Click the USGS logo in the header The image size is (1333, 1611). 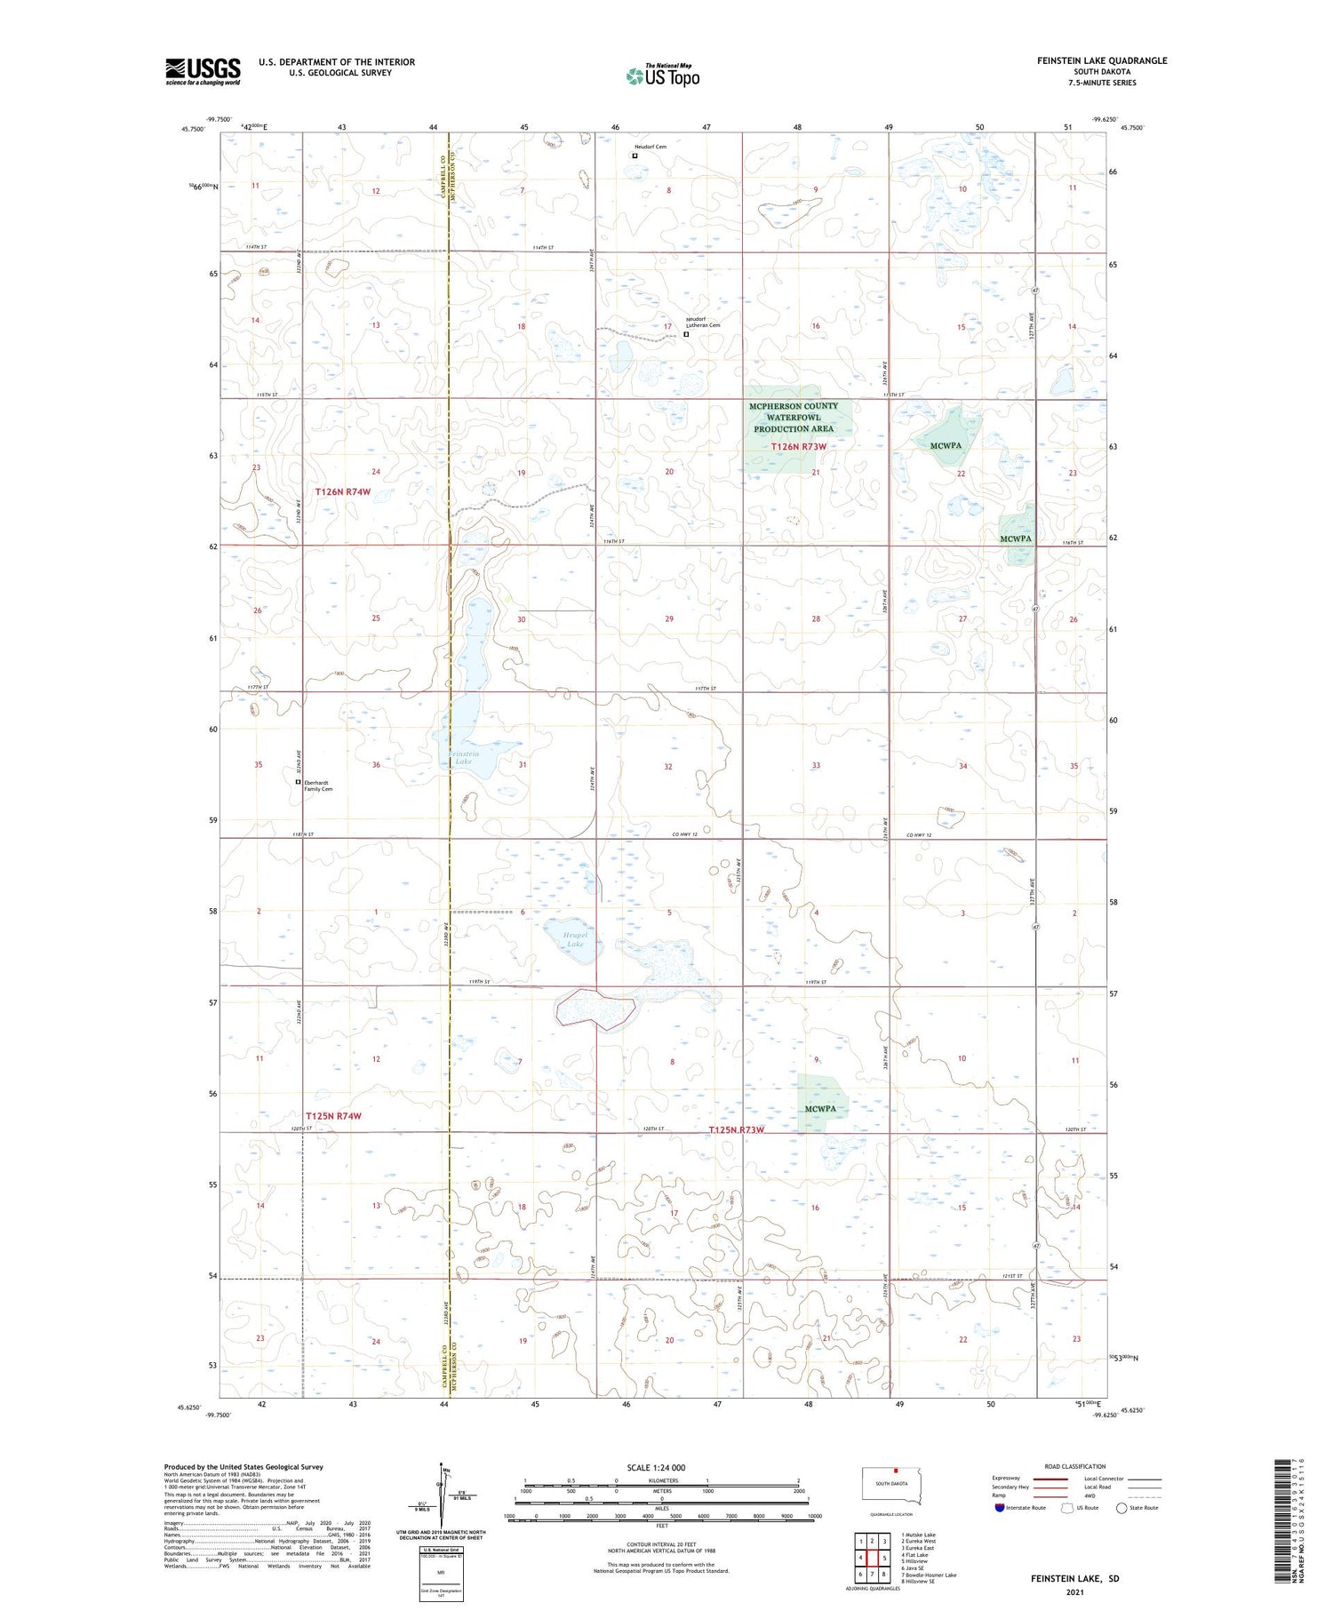click(203, 71)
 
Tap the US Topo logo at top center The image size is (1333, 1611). click(662, 76)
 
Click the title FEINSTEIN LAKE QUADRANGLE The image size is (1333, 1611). click(1101, 60)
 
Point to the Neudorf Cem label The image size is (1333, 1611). click(651, 147)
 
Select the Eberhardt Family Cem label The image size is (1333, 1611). click(318, 786)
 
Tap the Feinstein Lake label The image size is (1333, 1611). click(463, 758)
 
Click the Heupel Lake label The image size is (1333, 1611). click(575, 939)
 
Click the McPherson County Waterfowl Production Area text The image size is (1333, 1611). click(793, 418)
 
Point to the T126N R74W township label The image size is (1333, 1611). click(343, 491)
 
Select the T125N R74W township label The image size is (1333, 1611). click(333, 1115)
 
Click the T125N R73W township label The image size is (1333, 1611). click(737, 1130)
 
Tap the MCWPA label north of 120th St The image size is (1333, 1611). click(820, 1108)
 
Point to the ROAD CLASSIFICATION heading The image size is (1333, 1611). click(1074, 1466)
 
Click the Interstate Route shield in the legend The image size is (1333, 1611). click(1000, 1507)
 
